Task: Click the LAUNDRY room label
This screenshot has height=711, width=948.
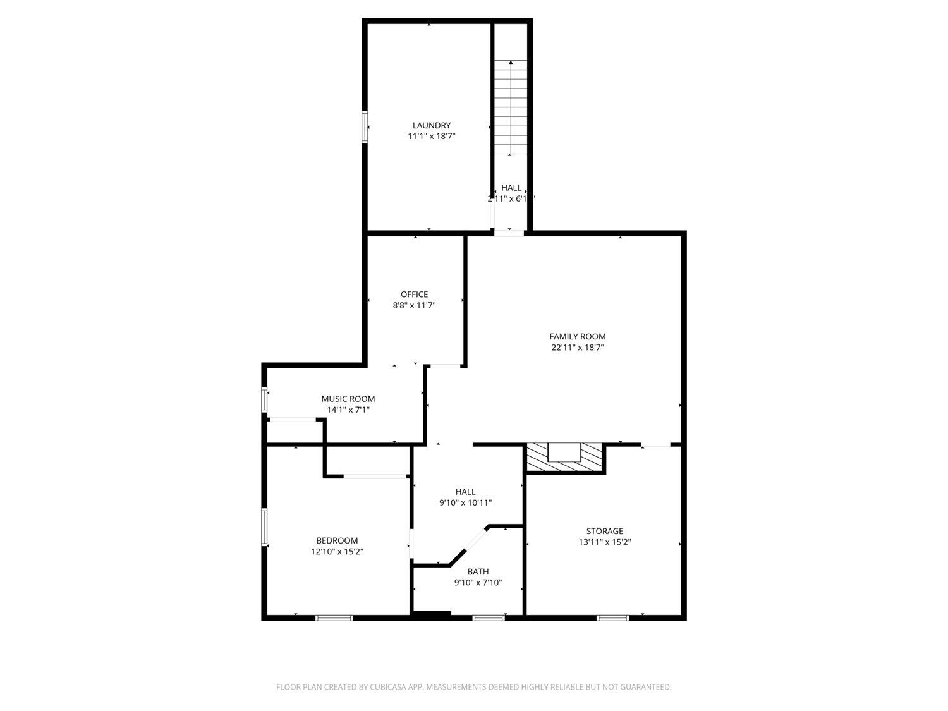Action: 431,125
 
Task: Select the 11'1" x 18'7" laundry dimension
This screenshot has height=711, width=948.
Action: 431,136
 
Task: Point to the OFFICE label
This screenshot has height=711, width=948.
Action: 414,294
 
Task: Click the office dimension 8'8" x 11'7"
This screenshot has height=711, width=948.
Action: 414,305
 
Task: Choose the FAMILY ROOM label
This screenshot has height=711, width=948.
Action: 577,336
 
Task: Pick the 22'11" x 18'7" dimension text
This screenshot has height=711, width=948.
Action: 577,347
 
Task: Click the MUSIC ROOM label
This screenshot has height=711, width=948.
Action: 348,399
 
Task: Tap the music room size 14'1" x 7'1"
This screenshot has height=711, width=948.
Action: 348,410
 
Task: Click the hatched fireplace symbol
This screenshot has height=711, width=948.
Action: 564,458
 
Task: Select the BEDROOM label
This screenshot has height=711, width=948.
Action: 337,540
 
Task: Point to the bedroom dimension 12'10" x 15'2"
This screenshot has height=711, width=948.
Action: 337,551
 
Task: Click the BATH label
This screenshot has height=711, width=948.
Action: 478,571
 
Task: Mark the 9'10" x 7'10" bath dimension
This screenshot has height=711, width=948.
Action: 478,583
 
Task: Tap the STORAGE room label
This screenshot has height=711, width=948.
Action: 604,531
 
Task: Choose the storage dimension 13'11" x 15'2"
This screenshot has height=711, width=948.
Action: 604,542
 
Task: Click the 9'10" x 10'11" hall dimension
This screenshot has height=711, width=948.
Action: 465,503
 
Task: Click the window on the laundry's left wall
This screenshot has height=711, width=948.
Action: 365,127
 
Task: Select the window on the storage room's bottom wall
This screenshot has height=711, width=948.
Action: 613,617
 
